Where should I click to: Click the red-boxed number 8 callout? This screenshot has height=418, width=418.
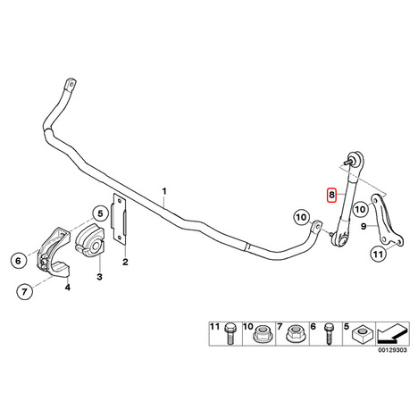[x=331, y=195]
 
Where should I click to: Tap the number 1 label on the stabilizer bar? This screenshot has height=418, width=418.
[x=164, y=191]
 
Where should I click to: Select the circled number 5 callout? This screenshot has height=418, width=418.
[x=100, y=213]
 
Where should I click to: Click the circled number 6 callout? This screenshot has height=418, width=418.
[x=19, y=261]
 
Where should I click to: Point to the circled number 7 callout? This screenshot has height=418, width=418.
[x=24, y=291]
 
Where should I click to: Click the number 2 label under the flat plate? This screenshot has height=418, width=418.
[x=125, y=262]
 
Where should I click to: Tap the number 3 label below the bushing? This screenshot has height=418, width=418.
[x=99, y=277]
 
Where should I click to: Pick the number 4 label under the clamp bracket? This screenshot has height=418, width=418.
[x=68, y=288]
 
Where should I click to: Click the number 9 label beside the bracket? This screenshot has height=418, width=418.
[x=364, y=226]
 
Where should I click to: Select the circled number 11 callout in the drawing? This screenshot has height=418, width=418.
[x=378, y=255]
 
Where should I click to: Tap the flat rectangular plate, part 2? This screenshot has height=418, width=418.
[x=119, y=219]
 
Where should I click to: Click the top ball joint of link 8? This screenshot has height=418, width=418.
[x=355, y=159]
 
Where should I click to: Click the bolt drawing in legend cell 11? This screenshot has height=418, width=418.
[x=230, y=334]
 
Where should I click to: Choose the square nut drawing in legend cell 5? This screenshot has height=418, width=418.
[x=363, y=335]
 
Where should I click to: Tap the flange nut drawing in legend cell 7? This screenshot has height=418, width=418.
[x=295, y=334]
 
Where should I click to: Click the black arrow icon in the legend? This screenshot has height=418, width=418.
[x=392, y=333]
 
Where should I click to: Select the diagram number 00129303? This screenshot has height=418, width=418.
[x=392, y=350]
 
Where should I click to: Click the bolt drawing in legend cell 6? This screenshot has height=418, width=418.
[x=329, y=334]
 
